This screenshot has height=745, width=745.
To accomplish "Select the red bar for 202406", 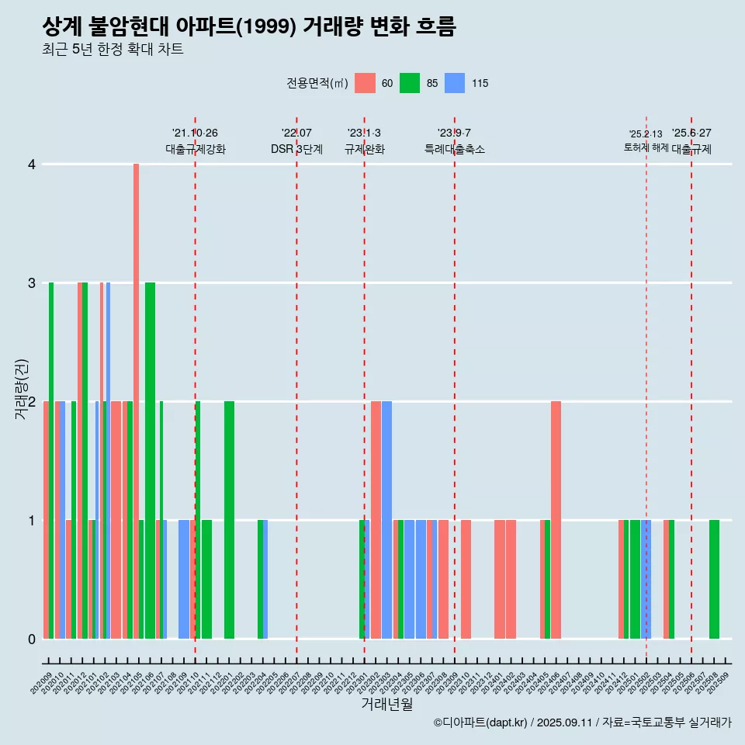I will (556, 520).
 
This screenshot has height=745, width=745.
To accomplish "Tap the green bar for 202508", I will (714, 579).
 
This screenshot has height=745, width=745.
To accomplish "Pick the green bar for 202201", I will (229, 520).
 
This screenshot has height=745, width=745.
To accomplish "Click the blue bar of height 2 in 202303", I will (386, 520).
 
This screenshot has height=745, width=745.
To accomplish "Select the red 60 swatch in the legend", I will (365, 83).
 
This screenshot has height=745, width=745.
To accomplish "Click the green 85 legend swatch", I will (410, 83).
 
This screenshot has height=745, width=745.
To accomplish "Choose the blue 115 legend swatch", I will (455, 83).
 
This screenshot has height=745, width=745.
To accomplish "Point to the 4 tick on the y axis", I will (32, 165).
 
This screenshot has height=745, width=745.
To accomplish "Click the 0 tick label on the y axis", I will (32, 639).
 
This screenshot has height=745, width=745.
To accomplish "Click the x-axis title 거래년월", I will (386, 704).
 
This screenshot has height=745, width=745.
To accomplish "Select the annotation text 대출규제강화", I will (196, 150).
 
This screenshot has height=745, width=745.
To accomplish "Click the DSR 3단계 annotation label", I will (296, 150).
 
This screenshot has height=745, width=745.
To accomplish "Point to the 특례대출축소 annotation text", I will (455, 150).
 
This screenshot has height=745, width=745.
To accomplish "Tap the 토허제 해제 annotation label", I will (646, 147).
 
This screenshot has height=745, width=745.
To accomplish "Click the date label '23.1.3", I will (364, 133).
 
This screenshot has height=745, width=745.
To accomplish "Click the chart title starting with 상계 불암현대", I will (249, 27).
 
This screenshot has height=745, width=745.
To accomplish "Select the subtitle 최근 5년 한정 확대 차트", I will (113, 50).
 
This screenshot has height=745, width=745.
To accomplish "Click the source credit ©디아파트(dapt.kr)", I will (480, 722).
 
